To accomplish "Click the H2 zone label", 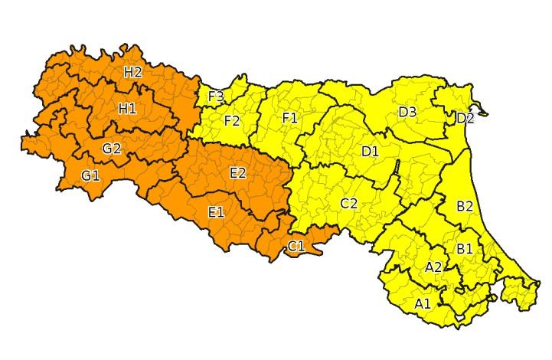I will click(x=133, y=72).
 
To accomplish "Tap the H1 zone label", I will click(x=127, y=108).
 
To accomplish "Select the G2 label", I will click(x=112, y=148).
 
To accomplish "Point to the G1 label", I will click(x=90, y=176).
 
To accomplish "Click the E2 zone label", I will click(x=237, y=173).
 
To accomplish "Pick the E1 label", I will click(x=216, y=211).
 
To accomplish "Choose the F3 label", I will click(x=216, y=97).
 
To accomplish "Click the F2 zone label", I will click(x=232, y=120).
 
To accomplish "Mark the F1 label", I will click(x=289, y=117).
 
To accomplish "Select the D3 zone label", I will click(x=407, y=113).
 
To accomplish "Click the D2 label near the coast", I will click(x=465, y=118).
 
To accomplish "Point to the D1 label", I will click(x=370, y=151).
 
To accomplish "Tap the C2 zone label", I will click(x=348, y=203).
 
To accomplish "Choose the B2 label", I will click(x=465, y=206).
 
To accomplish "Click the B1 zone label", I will click(x=464, y=249).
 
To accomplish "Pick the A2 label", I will click(x=433, y=267).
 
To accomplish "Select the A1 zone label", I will click(x=423, y=303).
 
